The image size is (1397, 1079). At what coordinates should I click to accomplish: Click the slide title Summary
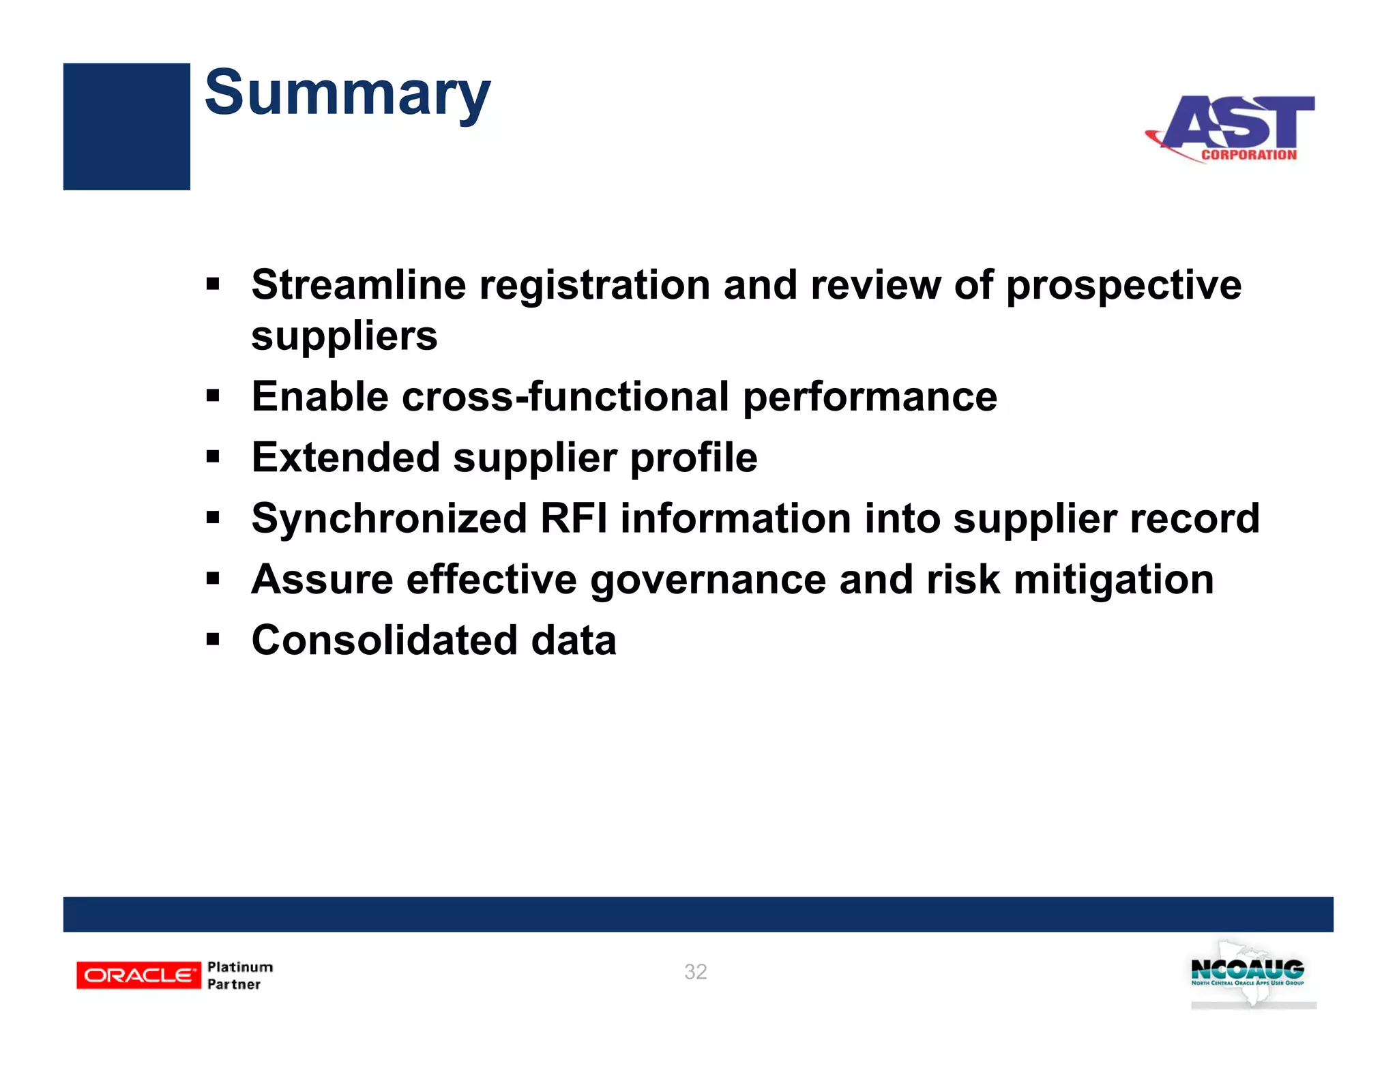click(347, 94)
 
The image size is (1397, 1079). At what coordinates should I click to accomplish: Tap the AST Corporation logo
click(1232, 128)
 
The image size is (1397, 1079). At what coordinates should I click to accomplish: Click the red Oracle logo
click(138, 975)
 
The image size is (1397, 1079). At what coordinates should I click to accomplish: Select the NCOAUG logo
click(1248, 973)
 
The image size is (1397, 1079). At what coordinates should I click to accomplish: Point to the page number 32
click(695, 971)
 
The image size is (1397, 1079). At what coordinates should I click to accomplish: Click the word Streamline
click(358, 284)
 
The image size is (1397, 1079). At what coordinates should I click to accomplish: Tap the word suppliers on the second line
click(344, 336)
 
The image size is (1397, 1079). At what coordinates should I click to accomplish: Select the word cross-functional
click(565, 396)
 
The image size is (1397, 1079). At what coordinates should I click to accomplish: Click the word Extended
click(345, 457)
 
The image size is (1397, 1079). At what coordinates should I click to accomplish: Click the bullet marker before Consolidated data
click(213, 640)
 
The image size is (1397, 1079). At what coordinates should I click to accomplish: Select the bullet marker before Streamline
click(213, 284)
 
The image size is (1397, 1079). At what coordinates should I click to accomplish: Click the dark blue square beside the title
click(126, 126)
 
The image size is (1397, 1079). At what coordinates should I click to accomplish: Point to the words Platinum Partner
click(239, 975)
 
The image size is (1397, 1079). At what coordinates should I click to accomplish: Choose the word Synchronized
click(389, 518)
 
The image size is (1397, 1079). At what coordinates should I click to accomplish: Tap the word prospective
click(1123, 284)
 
